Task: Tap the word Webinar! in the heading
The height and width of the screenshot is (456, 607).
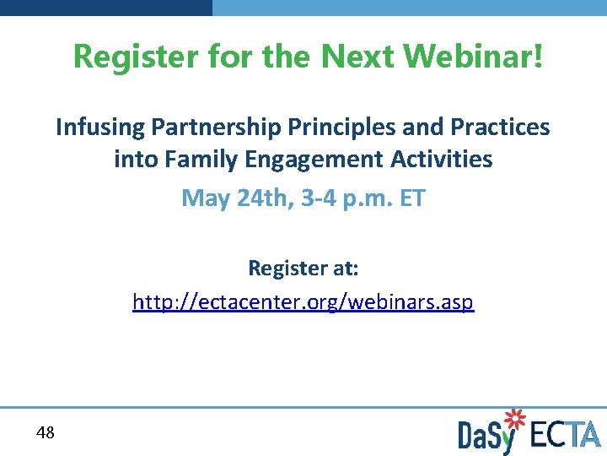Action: tap(474, 57)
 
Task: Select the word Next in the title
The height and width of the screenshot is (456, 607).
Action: tap(357, 57)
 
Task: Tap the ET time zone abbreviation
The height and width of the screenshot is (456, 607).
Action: tap(411, 198)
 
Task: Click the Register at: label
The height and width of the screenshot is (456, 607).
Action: tap(303, 269)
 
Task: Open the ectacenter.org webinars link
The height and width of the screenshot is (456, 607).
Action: tap(303, 301)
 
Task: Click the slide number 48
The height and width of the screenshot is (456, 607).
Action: tap(46, 433)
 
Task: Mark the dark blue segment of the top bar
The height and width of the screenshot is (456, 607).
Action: tap(106, 7)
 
